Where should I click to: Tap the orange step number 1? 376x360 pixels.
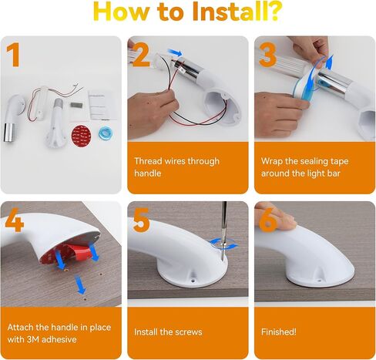click(x=13, y=55)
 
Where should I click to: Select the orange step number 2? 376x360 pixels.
click(x=140, y=55)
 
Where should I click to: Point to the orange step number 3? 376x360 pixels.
click(x=268, y=55)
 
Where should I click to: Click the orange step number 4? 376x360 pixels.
click(x=15, y=220)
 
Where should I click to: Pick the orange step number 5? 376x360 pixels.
click(x=141, y=220)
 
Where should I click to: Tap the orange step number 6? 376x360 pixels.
click(x=268, y=220)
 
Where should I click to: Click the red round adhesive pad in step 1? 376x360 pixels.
click(x=81, y=136)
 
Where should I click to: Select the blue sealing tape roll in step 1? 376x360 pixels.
click(x=106, y=133)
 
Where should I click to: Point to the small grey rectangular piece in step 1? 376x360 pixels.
click(x=76, y=105)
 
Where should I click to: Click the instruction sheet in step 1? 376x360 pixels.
click(x=100, y=106)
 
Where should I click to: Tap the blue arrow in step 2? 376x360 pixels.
click(x=175, y=52)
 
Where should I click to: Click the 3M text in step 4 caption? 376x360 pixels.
click(x=32, y=339)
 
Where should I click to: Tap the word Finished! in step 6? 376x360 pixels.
click(x=279, y=331)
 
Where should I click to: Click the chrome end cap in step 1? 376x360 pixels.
click(x=9, y=133)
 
